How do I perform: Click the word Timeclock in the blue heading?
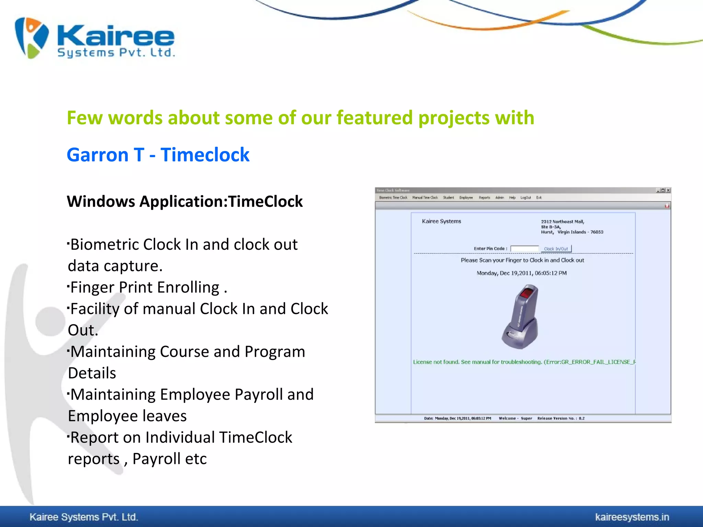(x=205, y=155)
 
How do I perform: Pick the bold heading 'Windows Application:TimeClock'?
(x=185, y=201)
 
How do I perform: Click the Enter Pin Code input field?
(x=524, y=249)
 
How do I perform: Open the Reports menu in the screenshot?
(x=484, y=198)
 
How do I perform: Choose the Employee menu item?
(x=466, y=198)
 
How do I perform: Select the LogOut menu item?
(x=526, y=198)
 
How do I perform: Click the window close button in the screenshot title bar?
(x=668, y=190)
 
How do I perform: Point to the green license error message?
(x=524, y=362)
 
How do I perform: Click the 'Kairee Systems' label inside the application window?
(x=441, y=221)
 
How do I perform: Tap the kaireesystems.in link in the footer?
(x=632, y=517)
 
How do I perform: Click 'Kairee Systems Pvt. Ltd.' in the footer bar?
(x=84, y=517)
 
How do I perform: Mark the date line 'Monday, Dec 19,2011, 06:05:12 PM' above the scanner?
(x=521, y=273)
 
